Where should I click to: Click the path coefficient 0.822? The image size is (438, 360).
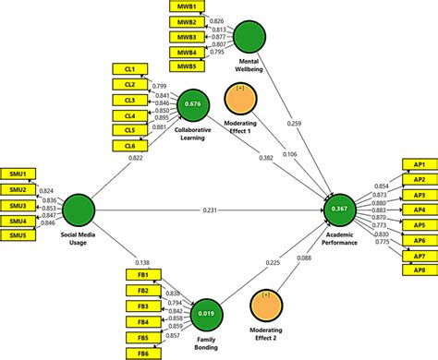pyautogui.click(x=134, y=159)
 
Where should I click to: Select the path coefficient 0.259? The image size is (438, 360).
pyautogui.click(x=294, y=123)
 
